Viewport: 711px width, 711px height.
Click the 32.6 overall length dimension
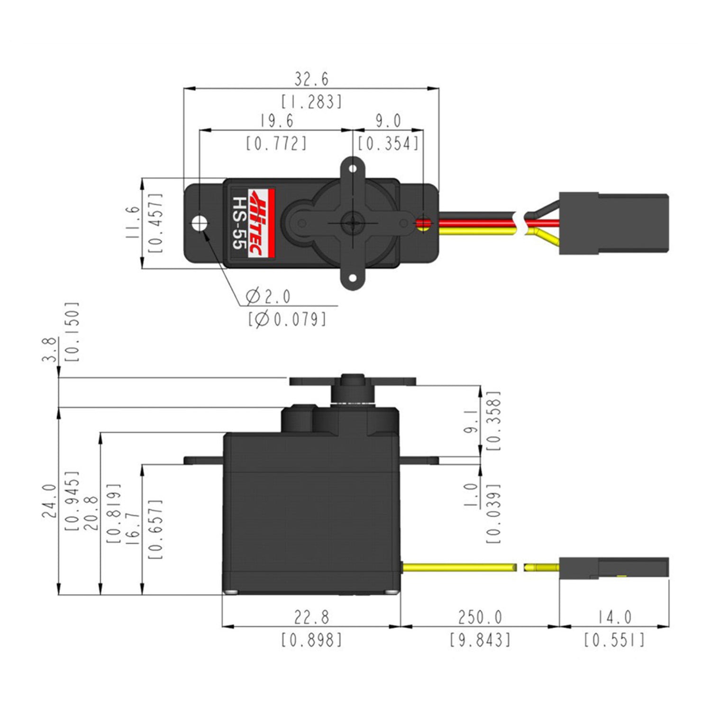pyautogui.click(x=311, y=79)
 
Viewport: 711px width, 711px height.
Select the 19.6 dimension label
pyautogui.click(x=276, y=121)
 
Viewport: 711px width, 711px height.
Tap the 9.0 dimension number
pyautogui.click(x=388, y=121)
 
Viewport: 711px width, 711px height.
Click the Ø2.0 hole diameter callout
pyautogui.click(x=268, y=297)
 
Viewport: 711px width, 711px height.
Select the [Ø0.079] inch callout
pyautogui.click(x=287, y=319)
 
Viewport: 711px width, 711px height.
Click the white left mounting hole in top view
pyautogui.click(x=199, y=223)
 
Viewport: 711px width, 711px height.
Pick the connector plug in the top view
pyautogui.click(x=614, y=223)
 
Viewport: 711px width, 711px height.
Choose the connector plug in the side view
pyautogui.click(x=614, y=568)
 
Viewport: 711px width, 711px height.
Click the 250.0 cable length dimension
pyautogui.click(x=480, y=618)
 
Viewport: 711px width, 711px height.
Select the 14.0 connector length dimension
pyautogui.click(x=614, y=618)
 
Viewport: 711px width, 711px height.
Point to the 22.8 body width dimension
pyautogui.click(x=311, y=618)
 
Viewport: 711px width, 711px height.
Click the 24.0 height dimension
pyautogui.click(x=50, y=501)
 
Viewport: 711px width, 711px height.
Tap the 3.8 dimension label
pyautogui.click(x=50, y=349)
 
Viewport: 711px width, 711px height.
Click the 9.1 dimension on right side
pyautogui.click(x=471, y=422)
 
